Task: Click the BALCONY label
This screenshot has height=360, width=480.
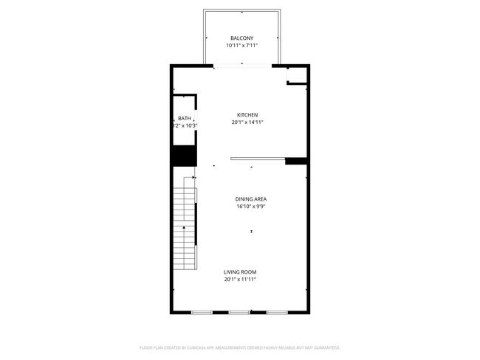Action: click(241, 38)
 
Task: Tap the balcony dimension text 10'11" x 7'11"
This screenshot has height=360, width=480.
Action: click(241, 46)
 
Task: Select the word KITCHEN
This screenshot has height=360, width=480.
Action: click(247, 114)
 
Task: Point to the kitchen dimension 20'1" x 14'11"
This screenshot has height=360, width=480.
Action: click(247, 122)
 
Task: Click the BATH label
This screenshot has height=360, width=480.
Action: click(184, 118)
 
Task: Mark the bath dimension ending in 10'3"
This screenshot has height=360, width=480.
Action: click(185, 125)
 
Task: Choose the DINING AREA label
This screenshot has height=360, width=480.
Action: click(250, 198)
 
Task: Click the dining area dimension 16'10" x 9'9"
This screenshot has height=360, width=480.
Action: click(250, 207)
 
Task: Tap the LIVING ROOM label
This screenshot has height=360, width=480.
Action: click(240, 271)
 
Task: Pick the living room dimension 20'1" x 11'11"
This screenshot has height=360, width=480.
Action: click(240, 280)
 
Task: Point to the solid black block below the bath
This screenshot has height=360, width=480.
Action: click(184, 156)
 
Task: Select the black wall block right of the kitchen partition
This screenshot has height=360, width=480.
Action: click(296, 161)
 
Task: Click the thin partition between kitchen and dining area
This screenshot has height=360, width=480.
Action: click(257, 158)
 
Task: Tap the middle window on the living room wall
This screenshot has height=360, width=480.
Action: click(239, 313)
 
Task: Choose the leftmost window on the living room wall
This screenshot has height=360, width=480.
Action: click(202, 313)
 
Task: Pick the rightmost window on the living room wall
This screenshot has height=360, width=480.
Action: click(276, 313)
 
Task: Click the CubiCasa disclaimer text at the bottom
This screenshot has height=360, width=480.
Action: click(240, 347)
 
